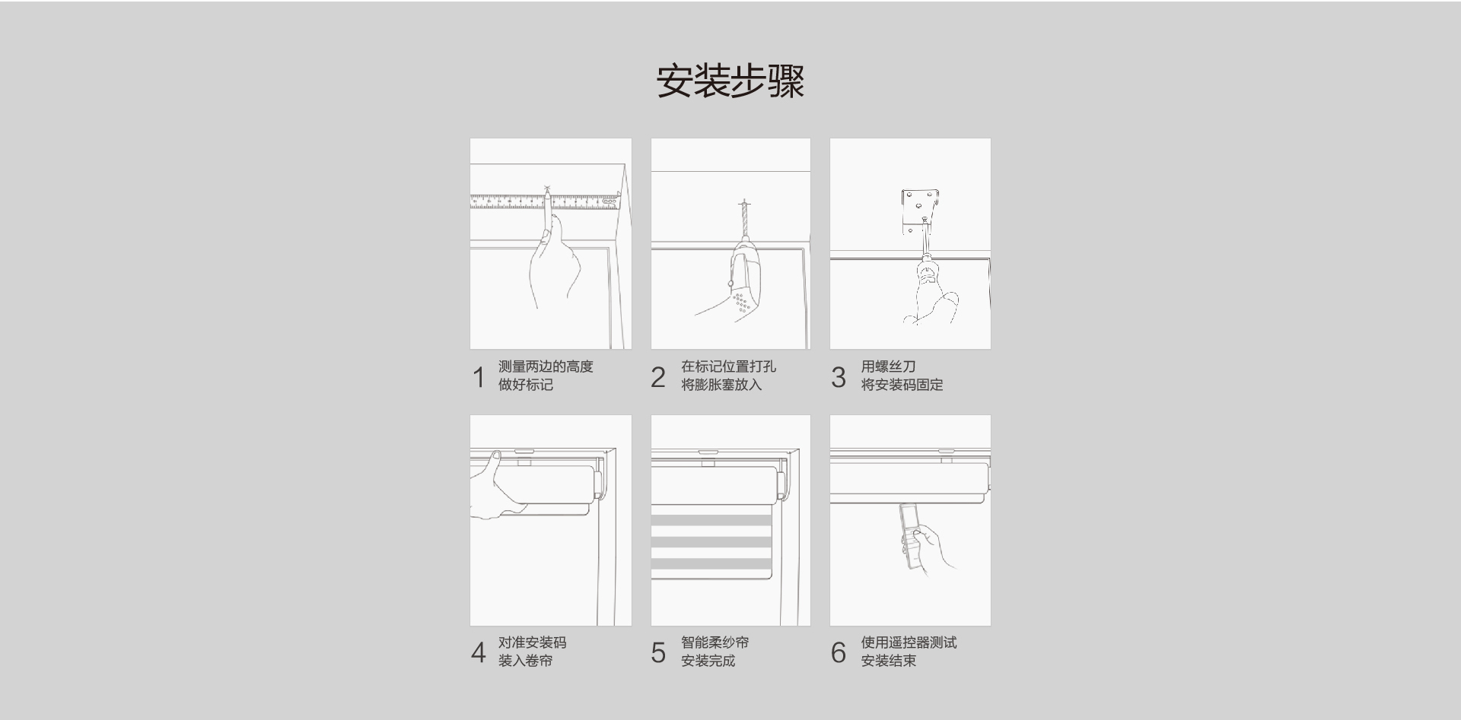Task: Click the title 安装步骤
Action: tap(730, 81)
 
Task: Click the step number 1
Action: tap(478, 377)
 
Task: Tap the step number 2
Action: tap(658, 377)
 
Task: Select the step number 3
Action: tap(838, 377)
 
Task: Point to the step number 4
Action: tap(478, 653)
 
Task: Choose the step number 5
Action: tap(658, 653)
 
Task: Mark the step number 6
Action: tap(838, 653)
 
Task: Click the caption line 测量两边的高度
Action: tap(545, 366)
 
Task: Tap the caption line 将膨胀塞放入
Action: tap(721, 385)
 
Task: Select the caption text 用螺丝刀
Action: tap(888, 366)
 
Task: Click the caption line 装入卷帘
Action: tap(525, 661)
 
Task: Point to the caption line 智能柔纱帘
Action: tap(715, 642)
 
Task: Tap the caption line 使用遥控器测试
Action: tap(909, 642)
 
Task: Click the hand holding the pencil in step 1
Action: tap(554, 266)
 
